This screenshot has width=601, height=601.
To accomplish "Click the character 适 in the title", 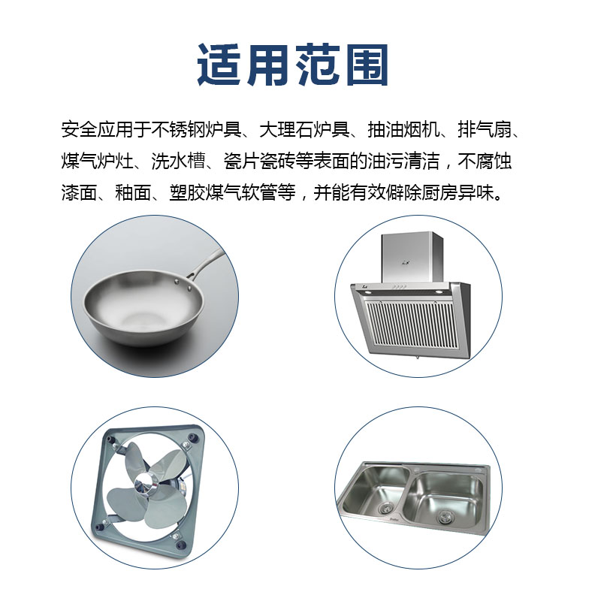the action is click(219, 65).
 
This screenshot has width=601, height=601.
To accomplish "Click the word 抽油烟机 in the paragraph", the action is click(403, 129).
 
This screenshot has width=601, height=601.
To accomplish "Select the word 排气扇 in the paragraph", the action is click(485, 129).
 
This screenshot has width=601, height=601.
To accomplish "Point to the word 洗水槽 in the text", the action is click(178, 161).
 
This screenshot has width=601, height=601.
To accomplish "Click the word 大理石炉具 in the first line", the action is click(305, 129).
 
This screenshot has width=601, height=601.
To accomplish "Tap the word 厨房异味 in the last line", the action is click(458, 192).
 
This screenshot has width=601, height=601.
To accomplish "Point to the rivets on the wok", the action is click(183, 284).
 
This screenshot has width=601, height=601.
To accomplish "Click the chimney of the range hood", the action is click(412, 258).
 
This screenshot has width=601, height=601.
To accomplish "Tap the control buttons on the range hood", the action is click(399, 286).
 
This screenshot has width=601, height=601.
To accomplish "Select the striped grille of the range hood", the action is click(411, 325).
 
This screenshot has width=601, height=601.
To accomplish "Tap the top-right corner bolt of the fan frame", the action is click(192, 437).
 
